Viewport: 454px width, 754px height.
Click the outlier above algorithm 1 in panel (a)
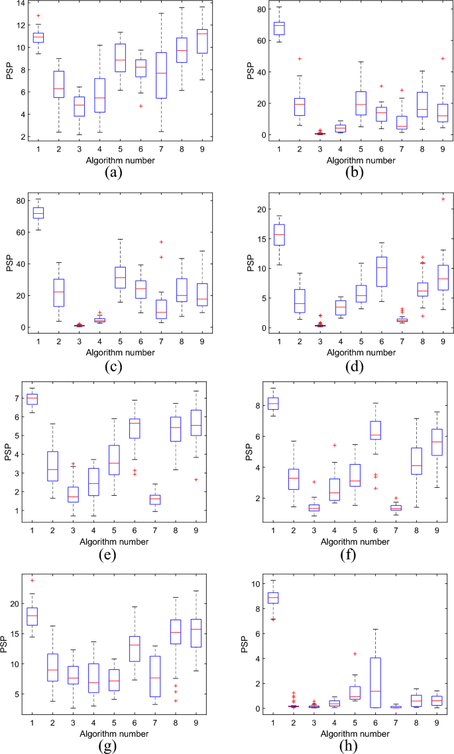click(38, 15)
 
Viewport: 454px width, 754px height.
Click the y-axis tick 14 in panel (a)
click(20, 4)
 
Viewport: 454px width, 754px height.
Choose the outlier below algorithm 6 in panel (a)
click(139, 106)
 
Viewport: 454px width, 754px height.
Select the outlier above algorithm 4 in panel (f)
click(334, 446)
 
